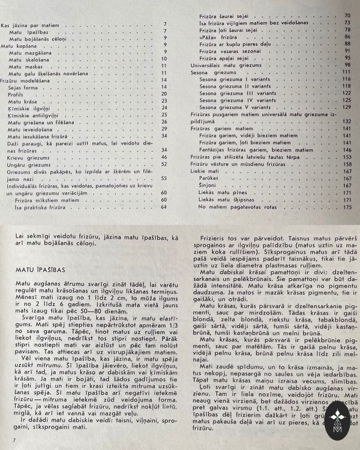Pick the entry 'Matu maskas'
[23, 66]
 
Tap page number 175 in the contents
[347, 206]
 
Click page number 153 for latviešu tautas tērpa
[347, 156]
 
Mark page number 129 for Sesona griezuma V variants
[347, 107]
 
